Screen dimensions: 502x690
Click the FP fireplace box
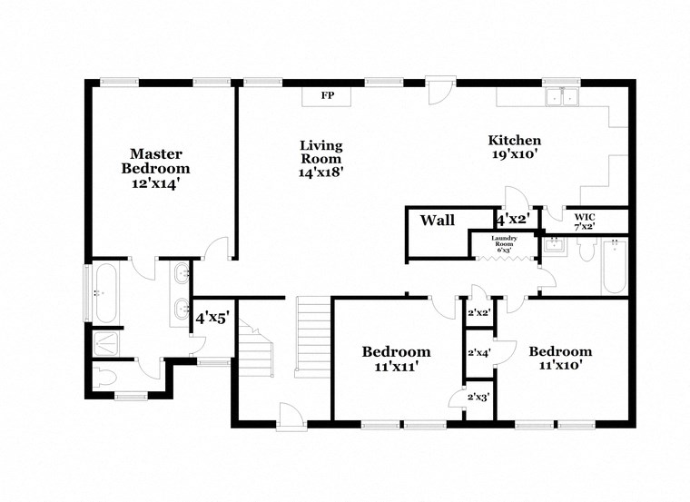(328, 95)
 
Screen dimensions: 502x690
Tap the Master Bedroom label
(156, 168)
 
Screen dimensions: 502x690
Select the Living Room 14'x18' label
(321, 158)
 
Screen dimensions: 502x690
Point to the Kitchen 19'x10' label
(515, 147)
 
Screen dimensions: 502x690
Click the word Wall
(437, 221)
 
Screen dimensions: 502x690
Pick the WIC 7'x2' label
(583, 221)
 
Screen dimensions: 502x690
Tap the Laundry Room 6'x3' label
(505, 242)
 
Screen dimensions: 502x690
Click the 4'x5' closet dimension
(212, 318)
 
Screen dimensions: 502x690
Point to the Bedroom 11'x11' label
(396, 359)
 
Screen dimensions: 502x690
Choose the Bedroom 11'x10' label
(560, 358)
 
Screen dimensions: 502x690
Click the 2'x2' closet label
(478, 313)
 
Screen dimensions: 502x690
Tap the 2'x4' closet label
(478, 353)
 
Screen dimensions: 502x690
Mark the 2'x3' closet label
(478, 397)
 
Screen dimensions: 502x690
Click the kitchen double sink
(561, 97)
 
